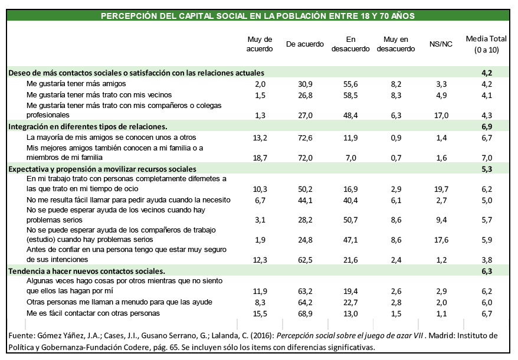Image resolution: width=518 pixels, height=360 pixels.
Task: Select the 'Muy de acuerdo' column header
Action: (260, 44)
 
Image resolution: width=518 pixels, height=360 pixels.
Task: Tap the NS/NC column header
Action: (441, 44)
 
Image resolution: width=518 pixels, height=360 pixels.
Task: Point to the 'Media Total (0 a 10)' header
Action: (487, 44)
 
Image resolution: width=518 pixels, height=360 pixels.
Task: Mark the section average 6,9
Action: (487, 126)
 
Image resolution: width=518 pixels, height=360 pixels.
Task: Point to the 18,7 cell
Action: (260, 158)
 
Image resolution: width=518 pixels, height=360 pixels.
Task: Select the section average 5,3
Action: (487, 169)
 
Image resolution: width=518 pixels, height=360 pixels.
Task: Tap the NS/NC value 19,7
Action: (441, 189)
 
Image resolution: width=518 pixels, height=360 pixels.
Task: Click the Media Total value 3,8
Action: (487, 260)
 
